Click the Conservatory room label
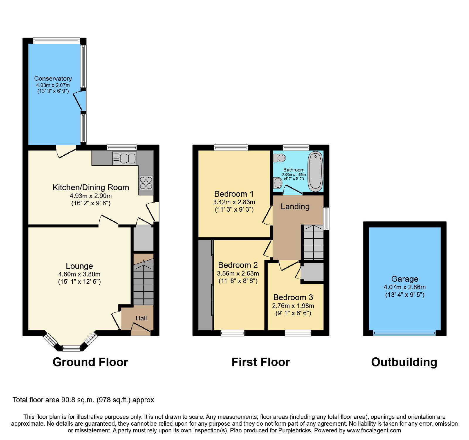(53, 79)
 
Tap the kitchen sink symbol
(125, 159)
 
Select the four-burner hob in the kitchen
(146, 183)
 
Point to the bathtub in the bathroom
(315, 171)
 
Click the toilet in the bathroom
(279, 158)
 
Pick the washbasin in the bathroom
(277, 183)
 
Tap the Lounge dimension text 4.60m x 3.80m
(79, 274)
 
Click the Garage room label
(405, 279)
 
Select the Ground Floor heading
(90, 362)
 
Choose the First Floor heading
(261, 362)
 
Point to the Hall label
(141, 318)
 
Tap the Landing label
(295, 207)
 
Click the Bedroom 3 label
(293, 298)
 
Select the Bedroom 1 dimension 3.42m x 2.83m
(234, 202)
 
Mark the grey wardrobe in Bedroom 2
(205, 285)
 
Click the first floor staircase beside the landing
(313, 242)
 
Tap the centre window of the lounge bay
(72, 348)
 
